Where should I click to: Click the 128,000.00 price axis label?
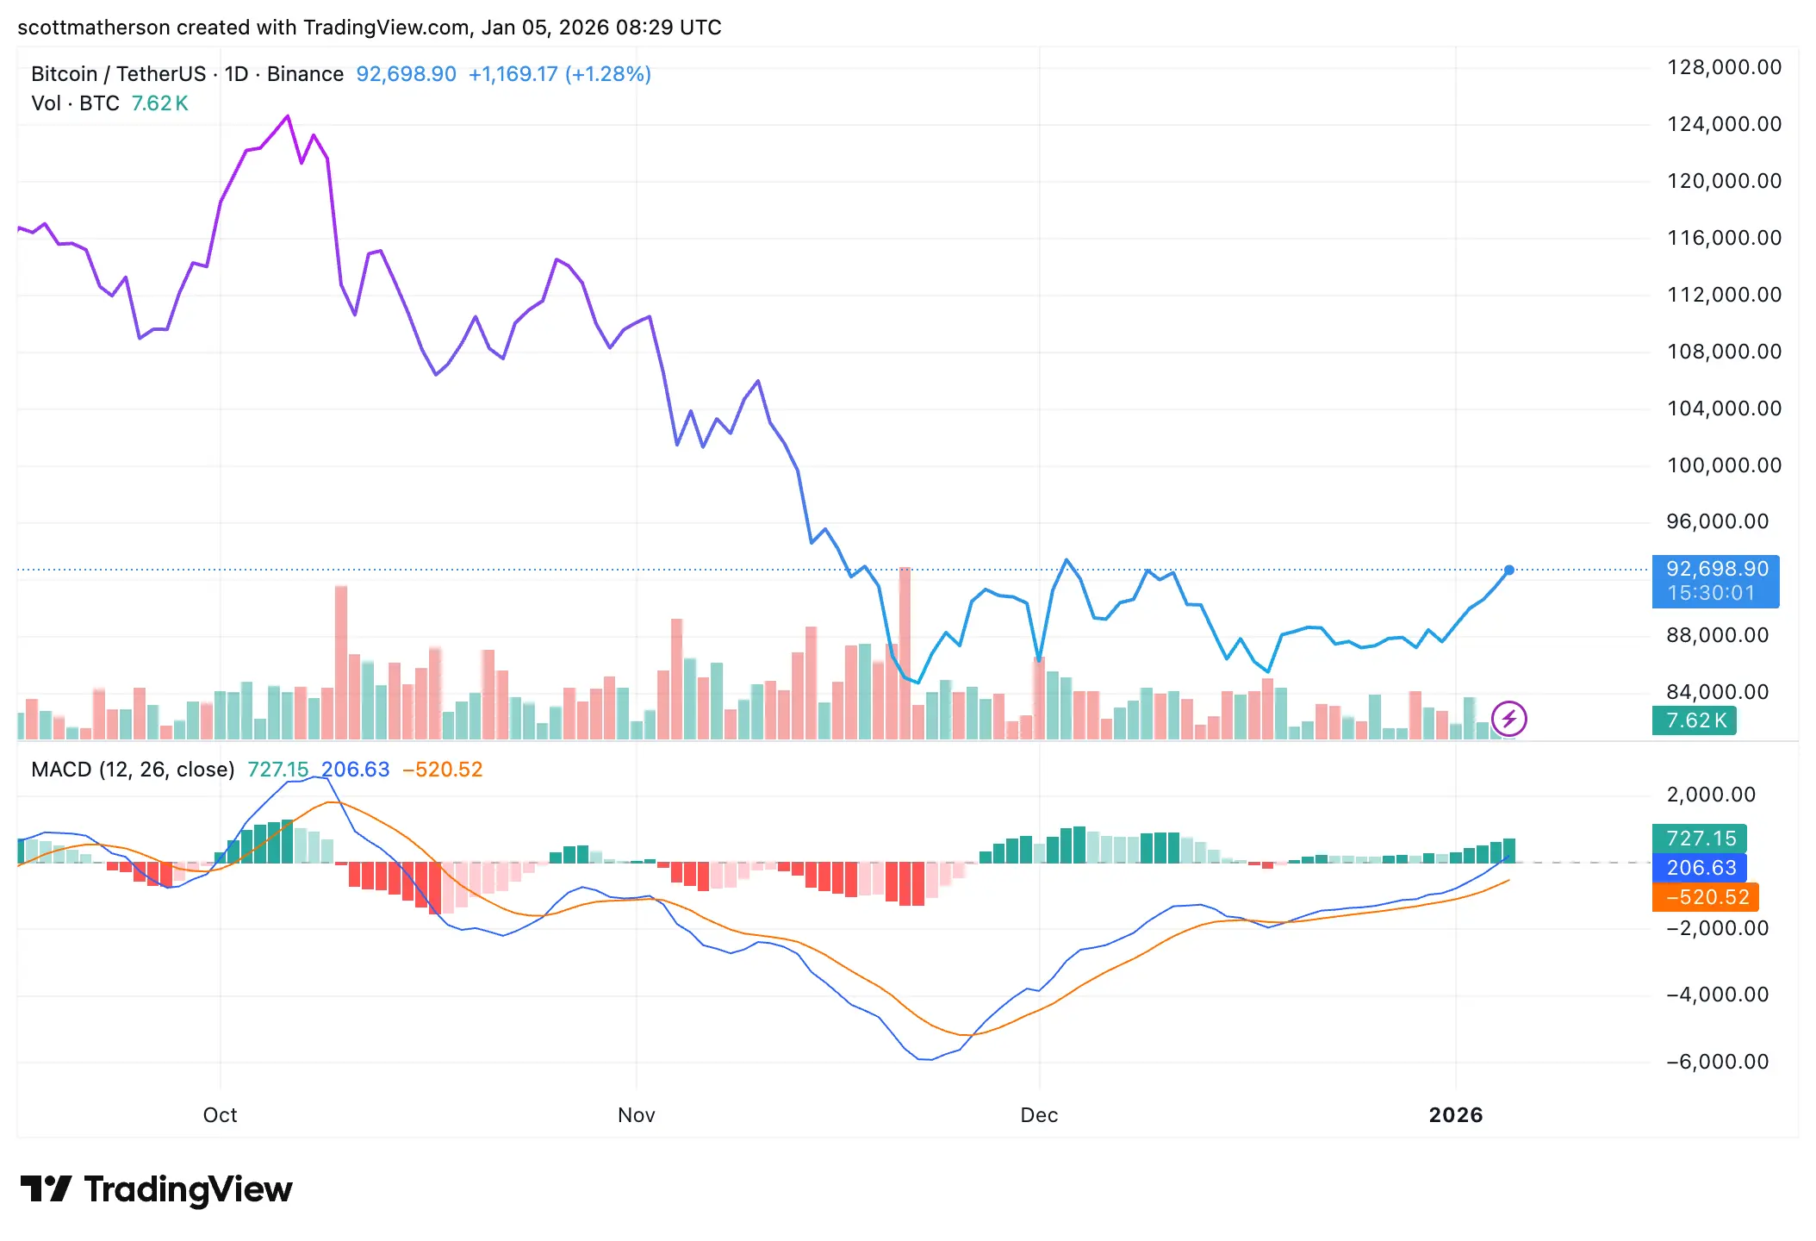pos(1724,67)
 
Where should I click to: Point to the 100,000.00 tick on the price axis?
pos(1724,465)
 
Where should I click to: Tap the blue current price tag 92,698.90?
pos(1716,570)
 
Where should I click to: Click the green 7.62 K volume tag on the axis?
pos(1695,720)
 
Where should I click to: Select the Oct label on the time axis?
pos(220,1115)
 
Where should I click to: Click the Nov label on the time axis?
pos(636,1115)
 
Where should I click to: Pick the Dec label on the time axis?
pos(1039,1115)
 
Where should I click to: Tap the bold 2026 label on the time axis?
pos(1455,1115)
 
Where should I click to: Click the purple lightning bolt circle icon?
pos(1508,719)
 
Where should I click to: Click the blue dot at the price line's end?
pos(1509,570)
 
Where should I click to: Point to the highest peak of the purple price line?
pos(288,116)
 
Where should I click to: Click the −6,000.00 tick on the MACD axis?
pos(1717,1062)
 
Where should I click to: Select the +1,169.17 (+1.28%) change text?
pos(559,74)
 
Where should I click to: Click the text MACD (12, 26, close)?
pos(133,770)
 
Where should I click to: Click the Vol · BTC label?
pos(75,103)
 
